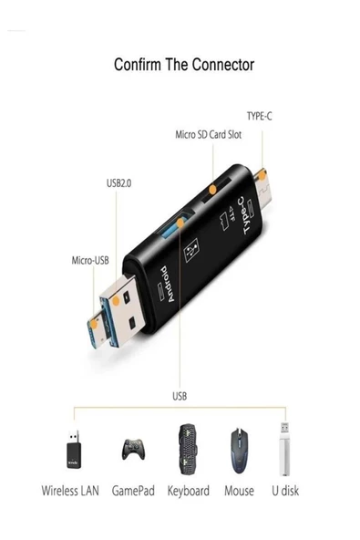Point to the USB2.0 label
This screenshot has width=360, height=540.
point(118,183)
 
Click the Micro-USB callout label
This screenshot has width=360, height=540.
point(92,261)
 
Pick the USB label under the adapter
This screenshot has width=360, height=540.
point(180,396)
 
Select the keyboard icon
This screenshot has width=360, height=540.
point(188,448)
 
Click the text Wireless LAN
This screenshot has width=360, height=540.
point(71,491)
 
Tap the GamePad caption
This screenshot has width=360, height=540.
point(134,491)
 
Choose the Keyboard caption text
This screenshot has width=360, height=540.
point(188,491)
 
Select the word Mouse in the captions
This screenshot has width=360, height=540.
point(239,491)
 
